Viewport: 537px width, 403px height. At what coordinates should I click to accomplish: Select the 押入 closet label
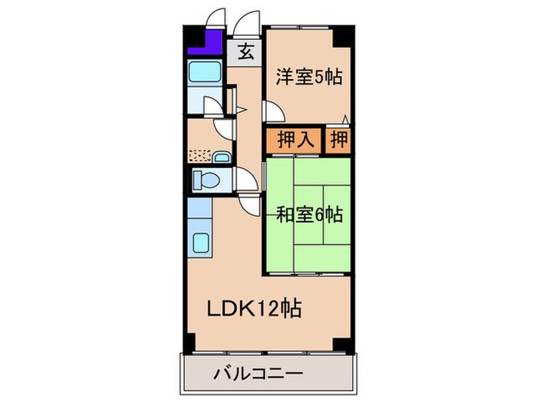point(294,140)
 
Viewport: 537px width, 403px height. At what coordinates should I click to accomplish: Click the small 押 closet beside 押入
point(338,140)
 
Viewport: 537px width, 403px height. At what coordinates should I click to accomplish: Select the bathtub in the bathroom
point(205,74)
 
